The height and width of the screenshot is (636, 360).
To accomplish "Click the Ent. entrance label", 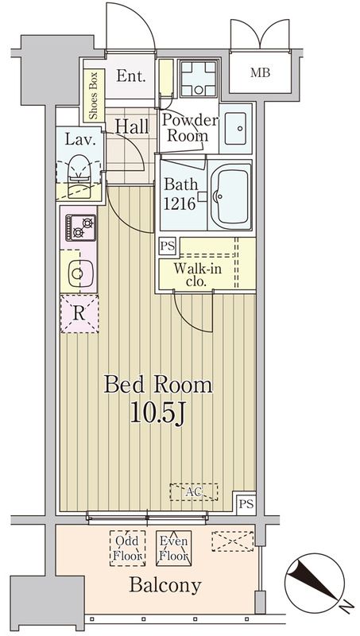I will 131,77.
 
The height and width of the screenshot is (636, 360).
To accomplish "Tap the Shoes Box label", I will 93,97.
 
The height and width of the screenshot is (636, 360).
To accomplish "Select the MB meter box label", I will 260,74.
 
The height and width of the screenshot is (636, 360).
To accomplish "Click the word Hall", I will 131,125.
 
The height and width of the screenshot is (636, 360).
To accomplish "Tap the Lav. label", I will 80,140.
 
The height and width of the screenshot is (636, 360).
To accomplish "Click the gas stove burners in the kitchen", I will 79,227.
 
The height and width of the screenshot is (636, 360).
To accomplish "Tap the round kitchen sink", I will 78,273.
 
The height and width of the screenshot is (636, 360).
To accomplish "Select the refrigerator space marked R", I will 79,312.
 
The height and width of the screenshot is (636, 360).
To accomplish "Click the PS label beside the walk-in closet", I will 168,245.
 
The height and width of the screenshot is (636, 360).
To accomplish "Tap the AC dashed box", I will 192,492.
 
